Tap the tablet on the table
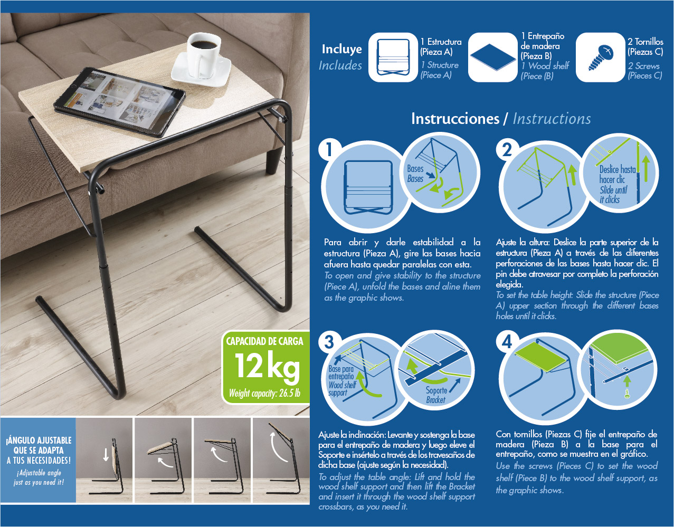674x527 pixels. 119,102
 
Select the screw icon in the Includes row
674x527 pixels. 601,58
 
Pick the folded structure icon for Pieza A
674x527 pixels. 393,57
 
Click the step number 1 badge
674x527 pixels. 329,149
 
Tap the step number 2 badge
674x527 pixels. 507,150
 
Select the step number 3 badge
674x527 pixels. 329,342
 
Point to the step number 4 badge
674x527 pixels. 507,342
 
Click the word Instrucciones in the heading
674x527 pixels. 455,119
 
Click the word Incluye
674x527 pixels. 342,49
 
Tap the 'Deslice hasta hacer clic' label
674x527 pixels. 617,175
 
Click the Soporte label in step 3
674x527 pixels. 436,390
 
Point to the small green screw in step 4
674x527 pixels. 627,394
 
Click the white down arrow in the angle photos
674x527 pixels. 106,454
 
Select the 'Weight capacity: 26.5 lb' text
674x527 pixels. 264,394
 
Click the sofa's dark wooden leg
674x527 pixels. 274,160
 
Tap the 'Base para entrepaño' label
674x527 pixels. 341,372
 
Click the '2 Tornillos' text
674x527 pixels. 645,42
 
